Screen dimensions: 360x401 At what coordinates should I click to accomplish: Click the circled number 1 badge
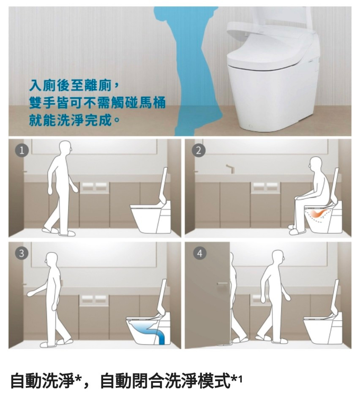[22, 150]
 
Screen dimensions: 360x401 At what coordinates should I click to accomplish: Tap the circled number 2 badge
[199, 150]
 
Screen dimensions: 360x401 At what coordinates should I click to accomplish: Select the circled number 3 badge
[22, 253]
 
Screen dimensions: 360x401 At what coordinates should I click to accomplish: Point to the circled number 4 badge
[200, 253]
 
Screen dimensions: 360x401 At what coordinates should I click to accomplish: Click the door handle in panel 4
[222, 284]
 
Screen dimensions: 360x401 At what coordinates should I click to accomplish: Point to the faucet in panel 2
[230, 169]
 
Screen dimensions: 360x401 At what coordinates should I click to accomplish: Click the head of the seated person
[315, 164]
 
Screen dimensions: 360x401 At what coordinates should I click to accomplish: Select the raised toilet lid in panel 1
[164, 185]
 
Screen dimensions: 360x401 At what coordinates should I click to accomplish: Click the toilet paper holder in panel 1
[94, 187]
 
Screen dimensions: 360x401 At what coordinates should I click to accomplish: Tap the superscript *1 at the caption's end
[237, 379]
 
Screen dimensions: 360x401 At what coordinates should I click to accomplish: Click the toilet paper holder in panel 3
[94, 300]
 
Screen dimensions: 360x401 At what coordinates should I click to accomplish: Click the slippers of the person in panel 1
[59, 232]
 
